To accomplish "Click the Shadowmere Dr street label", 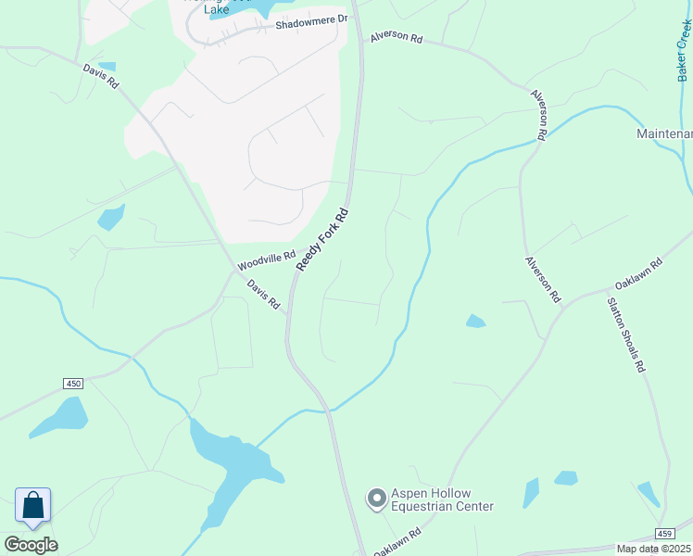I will click(x=310, y=19).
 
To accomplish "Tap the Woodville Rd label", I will click(x=266, y=261).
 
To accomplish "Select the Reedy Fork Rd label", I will click(x=322, y=239).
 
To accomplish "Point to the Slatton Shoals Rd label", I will click(x=626, y=334).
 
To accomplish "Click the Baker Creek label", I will click(x=684, y=52).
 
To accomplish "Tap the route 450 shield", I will click(x=74, y=383).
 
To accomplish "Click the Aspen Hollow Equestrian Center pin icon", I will click(x=376, y=499).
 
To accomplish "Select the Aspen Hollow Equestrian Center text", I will click(x=442, y=499).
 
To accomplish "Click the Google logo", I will click(x=31, y=544).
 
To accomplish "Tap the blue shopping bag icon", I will click(x=33, y=506).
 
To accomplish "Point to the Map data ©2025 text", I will click(x=654, y=549).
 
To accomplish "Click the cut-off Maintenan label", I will click(x=664, y=134).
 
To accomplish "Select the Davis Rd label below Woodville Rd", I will click(x=265, y=296).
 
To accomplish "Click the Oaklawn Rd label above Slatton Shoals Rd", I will click(x=638, y=275).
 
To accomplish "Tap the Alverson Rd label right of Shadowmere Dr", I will click(x=396, y=39).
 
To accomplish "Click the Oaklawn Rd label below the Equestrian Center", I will click(x=397, y=542).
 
